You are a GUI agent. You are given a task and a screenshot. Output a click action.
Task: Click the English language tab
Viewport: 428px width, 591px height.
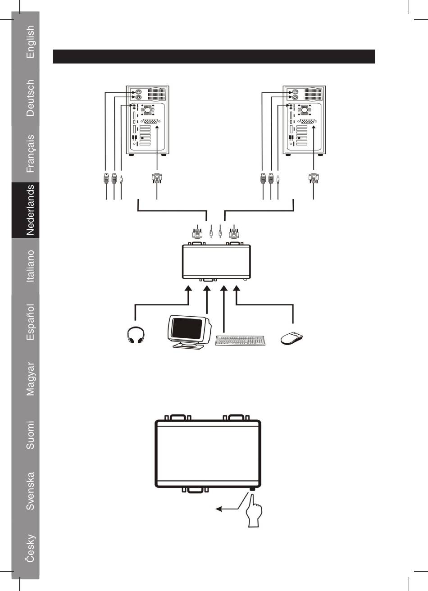(30, 41)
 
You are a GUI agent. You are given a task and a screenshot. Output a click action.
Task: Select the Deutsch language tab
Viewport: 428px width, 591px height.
(30, 98)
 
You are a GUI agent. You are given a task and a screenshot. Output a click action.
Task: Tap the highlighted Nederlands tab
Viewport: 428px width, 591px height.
(30, 210)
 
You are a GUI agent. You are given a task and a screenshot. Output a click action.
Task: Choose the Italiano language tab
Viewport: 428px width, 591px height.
(30, 266)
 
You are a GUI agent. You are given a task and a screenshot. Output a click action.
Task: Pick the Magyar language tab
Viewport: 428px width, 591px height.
(30, 378)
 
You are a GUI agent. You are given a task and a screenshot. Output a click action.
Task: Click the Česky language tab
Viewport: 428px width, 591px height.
(30, 548)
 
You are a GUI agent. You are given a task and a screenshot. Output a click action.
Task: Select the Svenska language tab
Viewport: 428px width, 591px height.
(30, 491)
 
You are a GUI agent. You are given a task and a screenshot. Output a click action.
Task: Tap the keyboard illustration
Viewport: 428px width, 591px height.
(241, 340)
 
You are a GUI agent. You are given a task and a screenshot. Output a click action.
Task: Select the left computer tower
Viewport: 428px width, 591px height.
(147, 120)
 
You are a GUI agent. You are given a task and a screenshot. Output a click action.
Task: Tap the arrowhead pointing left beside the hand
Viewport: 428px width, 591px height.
(219, 509)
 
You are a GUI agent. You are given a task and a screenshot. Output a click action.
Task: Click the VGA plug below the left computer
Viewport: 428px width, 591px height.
(156, 178)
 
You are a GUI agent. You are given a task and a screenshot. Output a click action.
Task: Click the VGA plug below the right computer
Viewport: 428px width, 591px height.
(313, 178)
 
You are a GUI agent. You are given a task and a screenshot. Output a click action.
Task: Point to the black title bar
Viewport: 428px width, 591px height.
(214, 56)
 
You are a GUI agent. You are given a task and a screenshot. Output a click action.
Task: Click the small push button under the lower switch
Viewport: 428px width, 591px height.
(252, 489)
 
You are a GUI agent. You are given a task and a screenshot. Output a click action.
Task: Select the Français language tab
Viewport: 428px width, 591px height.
(30, 154)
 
